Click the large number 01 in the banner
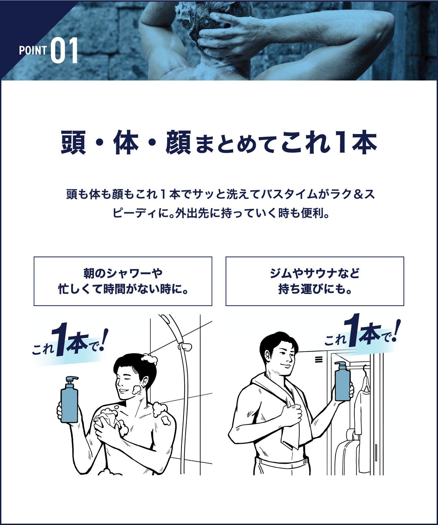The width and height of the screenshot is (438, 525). coord(65,51)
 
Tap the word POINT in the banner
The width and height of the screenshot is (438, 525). coord(33,51)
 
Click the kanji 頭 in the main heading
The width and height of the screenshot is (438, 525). coord(73,142)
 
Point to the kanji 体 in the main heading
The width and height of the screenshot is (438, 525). coord(126,142)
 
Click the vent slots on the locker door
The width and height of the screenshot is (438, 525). coord(318,360)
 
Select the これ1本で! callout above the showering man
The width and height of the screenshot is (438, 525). coord(69,343)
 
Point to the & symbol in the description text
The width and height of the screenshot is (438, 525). coord(358,194)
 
